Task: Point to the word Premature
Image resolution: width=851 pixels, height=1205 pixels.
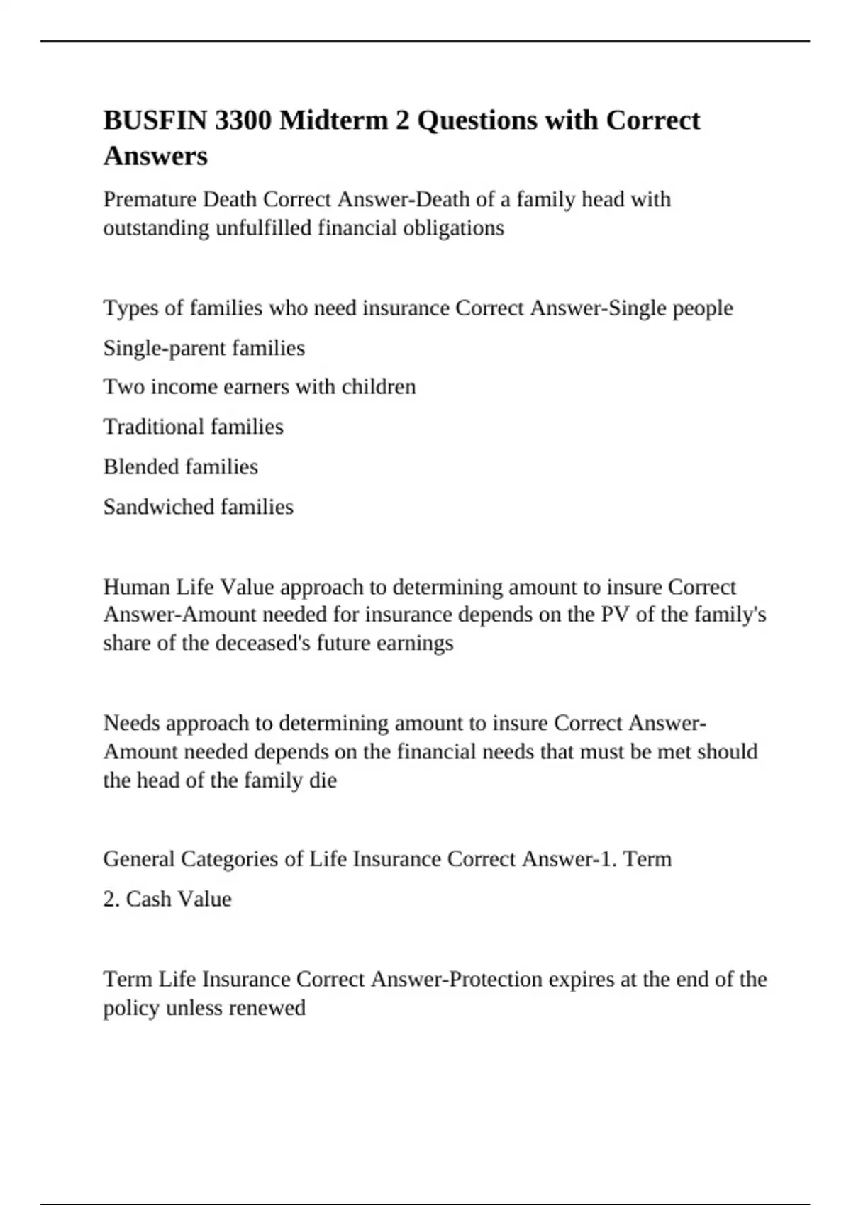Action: click(x=150, y=199)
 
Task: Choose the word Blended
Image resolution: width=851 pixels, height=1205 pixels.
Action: click(x=140, y=467)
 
